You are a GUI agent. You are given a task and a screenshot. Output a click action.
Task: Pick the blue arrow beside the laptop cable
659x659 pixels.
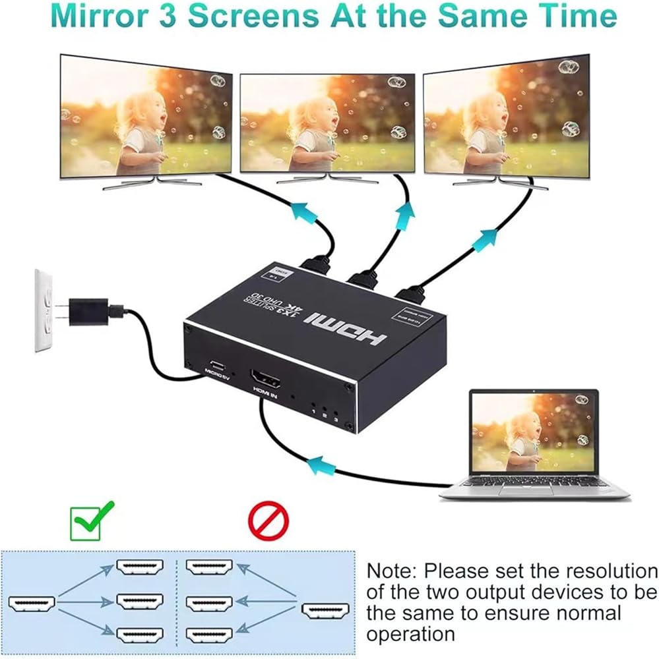point(322,466)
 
